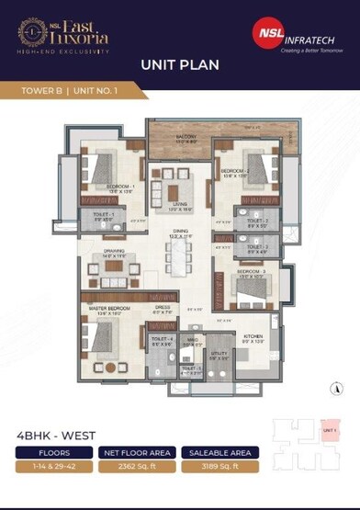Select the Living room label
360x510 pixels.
pyautogui.click(x=179, y=207)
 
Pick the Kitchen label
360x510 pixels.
pyautogui.click(x=253, y=338)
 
